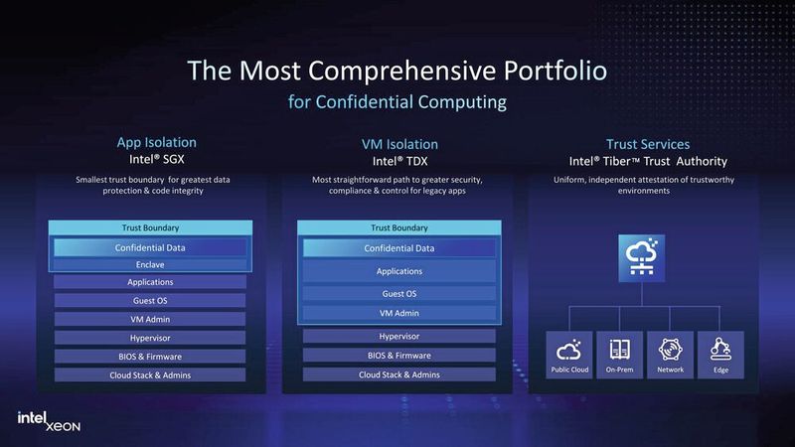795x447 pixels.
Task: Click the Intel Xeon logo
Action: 48,421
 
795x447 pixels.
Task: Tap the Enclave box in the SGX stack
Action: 150,264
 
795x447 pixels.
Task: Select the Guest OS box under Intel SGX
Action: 150,300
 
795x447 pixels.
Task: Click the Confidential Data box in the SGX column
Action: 150,247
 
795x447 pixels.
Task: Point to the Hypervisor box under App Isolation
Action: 150,338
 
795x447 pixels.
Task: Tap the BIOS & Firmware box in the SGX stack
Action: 150,356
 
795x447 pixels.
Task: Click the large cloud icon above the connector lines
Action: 644,255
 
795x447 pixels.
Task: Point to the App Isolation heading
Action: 157,143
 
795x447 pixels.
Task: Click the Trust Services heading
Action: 648,144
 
